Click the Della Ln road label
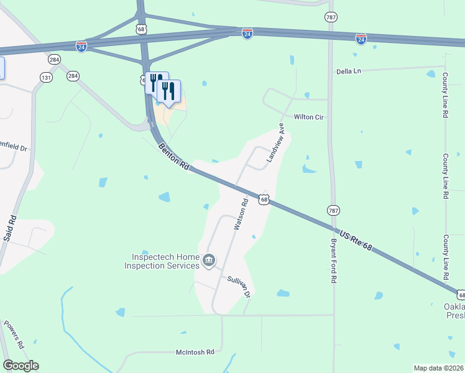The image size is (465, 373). pos(348,71)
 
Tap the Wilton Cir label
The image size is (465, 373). pos(310,117)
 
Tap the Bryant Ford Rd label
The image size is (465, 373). pos(333,261)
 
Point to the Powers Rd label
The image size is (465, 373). pos(14,334)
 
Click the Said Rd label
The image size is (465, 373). pos(10,228)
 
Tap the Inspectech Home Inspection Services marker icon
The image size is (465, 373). pos(209,260)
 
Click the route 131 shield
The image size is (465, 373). pos(46,78)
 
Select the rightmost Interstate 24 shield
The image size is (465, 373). pos(361,39)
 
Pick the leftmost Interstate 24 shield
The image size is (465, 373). pos(81,46)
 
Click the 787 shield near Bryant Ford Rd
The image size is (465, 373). pos(333,211)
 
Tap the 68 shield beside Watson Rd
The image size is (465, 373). pos(264,200)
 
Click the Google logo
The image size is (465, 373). pos(21,366)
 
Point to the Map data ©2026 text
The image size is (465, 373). pos(438,367)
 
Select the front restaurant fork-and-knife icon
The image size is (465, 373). pos(168,91)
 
